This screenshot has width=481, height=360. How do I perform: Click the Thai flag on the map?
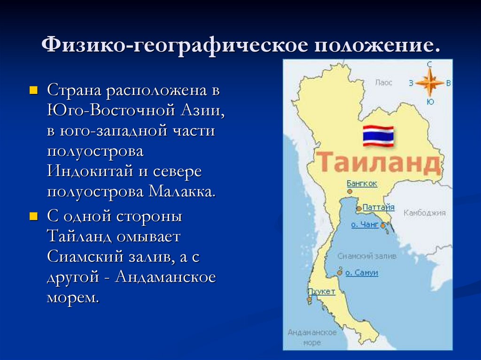378,136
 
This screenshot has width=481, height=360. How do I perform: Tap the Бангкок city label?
362,184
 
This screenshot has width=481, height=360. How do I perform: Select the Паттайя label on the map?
378,207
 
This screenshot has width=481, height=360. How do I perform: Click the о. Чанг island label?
365,224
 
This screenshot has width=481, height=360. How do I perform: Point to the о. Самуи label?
362,273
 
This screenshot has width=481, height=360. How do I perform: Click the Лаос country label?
383,83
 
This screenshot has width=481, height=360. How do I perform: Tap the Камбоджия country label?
424,213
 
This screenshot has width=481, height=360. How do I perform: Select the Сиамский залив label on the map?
367,256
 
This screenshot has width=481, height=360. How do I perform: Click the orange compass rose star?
430,83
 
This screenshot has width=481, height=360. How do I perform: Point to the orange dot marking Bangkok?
349,191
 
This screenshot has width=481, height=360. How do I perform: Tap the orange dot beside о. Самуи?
340,273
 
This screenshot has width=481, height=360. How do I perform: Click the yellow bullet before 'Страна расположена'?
33,91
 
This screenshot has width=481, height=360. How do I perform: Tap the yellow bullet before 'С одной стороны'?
33,217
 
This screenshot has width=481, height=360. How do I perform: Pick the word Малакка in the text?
182,191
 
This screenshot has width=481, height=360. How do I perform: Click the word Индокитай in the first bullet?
90,171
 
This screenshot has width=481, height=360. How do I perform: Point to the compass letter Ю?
430,101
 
